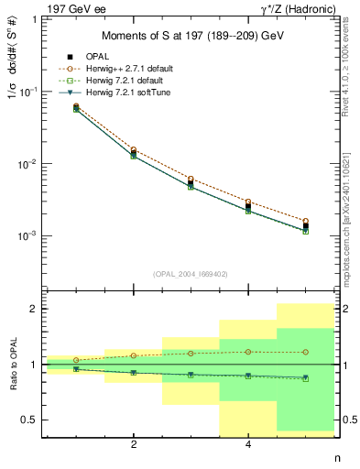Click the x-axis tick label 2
135,445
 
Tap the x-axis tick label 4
248,445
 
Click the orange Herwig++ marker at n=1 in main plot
77,106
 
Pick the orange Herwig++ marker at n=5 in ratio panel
305,352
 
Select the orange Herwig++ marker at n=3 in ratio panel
191,353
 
